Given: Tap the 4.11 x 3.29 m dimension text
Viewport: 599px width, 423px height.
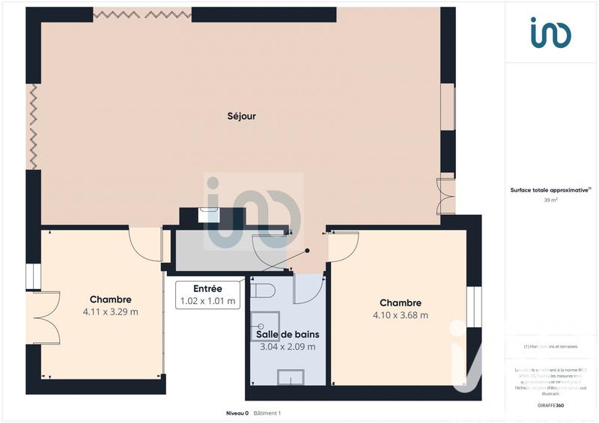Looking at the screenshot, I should [110, 312].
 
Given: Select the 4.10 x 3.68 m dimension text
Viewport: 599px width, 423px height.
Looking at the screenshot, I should [400, 315].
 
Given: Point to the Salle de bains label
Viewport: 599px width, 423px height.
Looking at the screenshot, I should [288, 334].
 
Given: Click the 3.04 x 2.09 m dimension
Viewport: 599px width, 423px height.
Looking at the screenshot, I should [288, 347].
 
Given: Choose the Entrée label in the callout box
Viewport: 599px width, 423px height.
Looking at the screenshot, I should [207, 288].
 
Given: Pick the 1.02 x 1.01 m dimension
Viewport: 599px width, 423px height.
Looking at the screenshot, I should [207, 302].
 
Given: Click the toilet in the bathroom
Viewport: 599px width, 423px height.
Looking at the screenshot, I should [262, 290].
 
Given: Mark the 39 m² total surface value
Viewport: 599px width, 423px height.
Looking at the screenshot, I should [551, 201].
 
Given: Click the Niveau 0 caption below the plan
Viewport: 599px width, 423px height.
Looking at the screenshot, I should [237, 413].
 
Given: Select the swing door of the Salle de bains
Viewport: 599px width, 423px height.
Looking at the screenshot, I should [307, 289].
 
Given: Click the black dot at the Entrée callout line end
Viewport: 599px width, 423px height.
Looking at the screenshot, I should [307, 251].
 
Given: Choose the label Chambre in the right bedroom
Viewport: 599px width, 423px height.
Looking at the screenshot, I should [400, 302].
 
